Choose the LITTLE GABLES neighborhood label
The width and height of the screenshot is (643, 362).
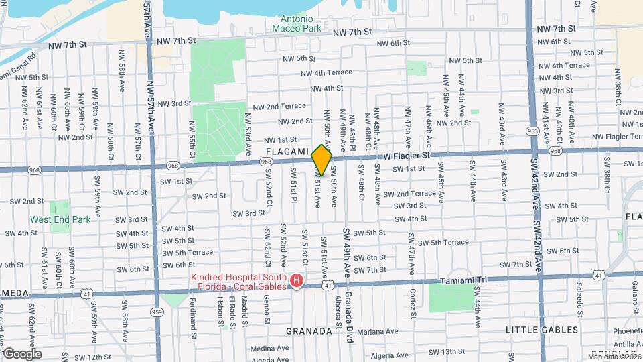[542, 330]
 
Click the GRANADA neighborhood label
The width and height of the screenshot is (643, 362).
[309, 331]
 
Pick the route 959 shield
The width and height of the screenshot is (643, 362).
[157, 312]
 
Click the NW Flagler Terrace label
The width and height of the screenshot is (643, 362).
[607, 137]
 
